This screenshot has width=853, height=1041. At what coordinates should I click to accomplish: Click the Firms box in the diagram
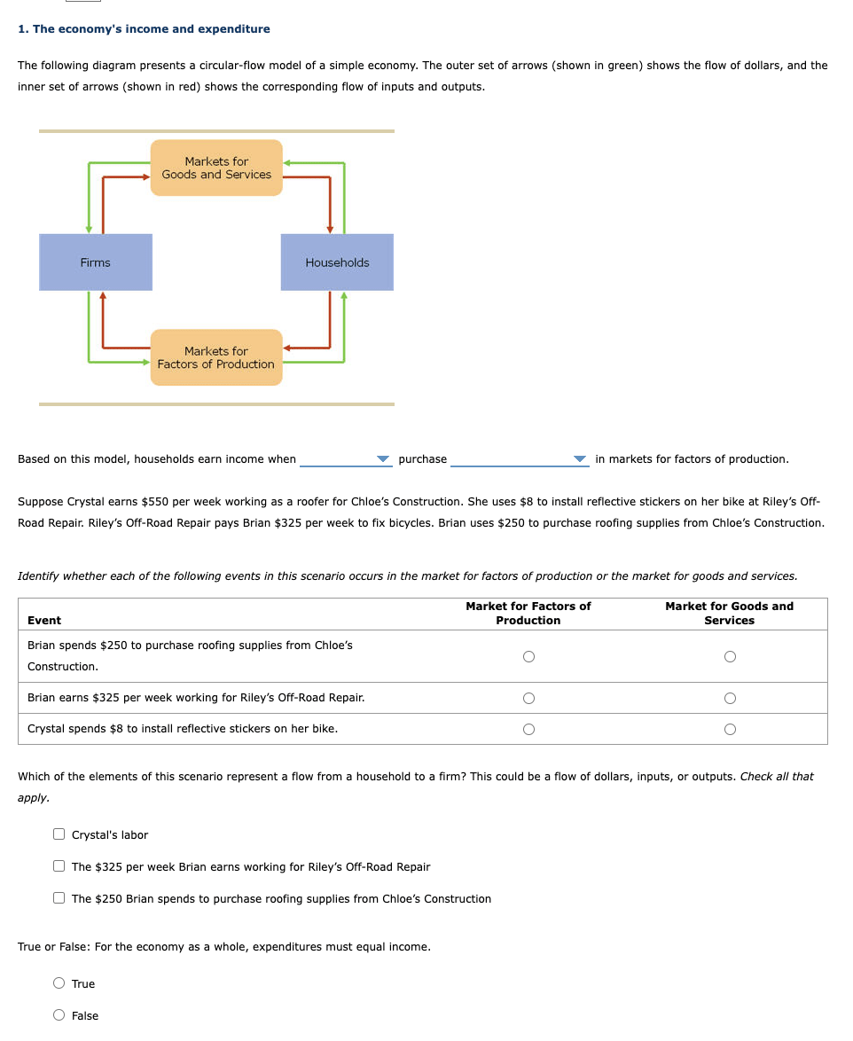(96, 262)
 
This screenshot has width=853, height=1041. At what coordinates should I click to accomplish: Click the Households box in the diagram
(337, 262)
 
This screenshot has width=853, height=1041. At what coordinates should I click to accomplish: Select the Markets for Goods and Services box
(216, 168)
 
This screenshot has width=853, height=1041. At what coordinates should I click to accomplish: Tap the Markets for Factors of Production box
(216, 357)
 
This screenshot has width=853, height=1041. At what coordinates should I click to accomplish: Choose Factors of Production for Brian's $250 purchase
(528, 657)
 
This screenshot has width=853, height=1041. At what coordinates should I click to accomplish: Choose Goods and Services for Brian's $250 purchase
(729, 657)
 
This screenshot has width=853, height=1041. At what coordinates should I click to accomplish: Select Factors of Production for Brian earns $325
(528, 698)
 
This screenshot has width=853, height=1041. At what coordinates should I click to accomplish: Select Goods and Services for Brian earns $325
(729, 698)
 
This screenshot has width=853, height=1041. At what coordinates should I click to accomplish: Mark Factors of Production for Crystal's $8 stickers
(528, 730)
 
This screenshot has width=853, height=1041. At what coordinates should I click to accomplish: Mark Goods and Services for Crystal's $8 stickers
(729, 730)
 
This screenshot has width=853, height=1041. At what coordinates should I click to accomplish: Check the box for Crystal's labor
(59, 834)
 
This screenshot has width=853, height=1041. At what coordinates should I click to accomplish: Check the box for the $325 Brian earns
(59, 866)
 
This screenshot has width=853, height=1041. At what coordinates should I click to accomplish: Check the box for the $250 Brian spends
(59, 898)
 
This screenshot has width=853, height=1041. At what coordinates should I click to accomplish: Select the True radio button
(59, 983)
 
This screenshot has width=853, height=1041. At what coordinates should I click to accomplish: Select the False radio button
(59, 1015)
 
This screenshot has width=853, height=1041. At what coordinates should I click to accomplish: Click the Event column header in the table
(44, 621)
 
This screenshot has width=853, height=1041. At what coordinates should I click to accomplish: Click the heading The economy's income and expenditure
(144, 29)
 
